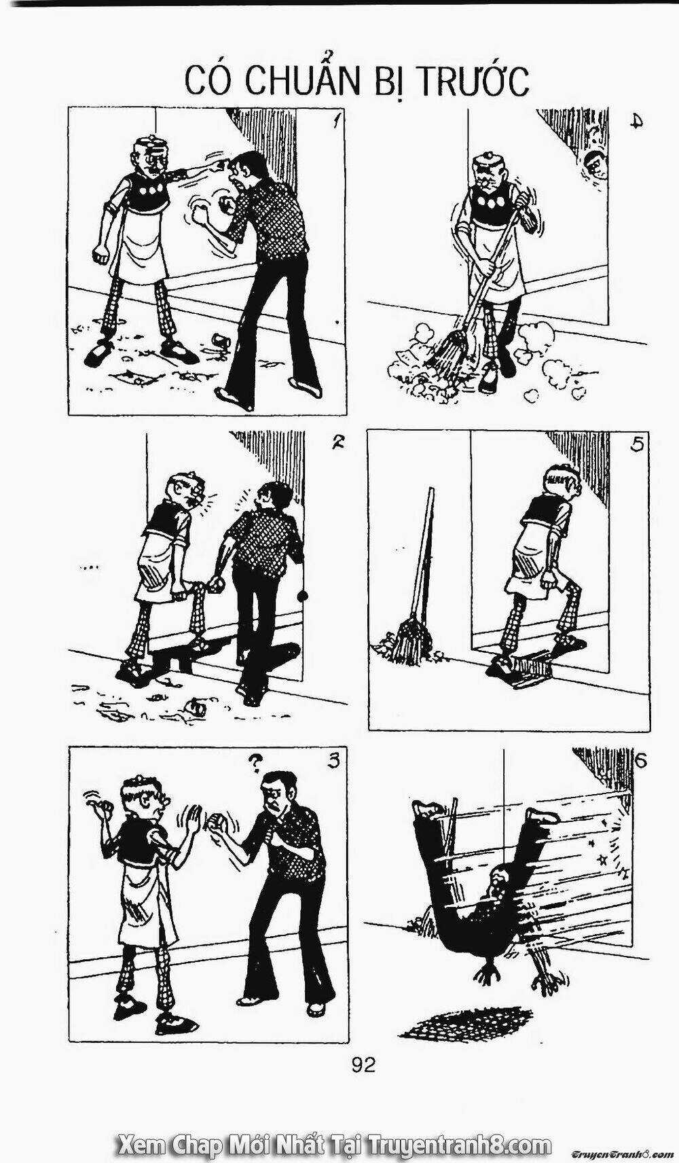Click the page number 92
click(x=363, y=1064)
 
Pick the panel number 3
click(x=333, y=761)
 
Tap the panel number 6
click(x=639, y=760)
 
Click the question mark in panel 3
click(x=255, y=764)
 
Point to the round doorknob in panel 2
click(x=302, y=596)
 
